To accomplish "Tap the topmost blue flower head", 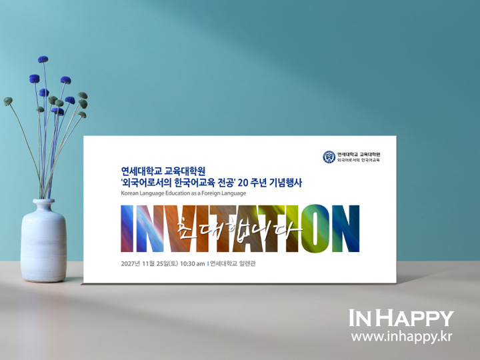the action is (x=43, y=59).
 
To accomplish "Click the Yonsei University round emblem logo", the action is (x=329, y=157).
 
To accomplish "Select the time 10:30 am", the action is (x=192, y=263).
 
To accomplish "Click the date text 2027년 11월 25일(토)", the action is (x=149, y=263).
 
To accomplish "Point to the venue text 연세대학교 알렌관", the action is (x=233, y=263).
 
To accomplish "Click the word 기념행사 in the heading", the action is (x=285, y=183).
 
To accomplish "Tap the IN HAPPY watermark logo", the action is (x=401, y=318).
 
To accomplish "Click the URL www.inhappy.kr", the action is (x=401, y=337).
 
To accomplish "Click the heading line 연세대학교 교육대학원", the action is (x=163, y=171).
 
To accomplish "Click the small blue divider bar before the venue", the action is (x=208, y=263).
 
